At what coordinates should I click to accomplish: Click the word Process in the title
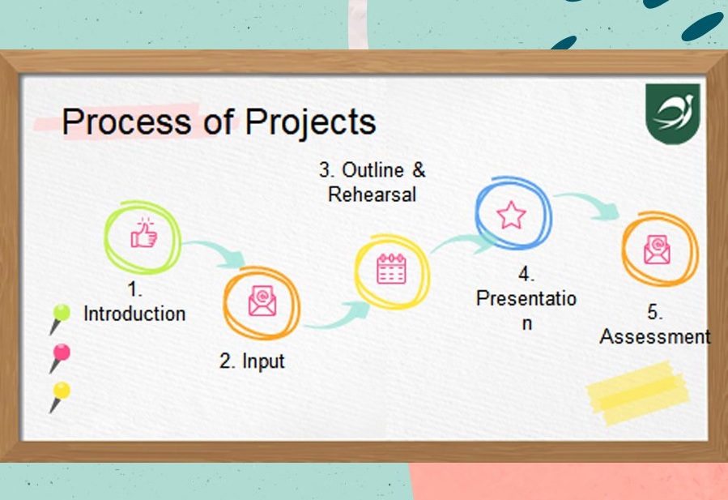(x=126, y=122)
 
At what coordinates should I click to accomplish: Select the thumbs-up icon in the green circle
(x=143, y=233)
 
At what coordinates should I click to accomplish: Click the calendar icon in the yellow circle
(x=391, y=268)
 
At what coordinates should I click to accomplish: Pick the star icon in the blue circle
(x=511, y=215)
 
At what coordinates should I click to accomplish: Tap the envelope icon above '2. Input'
(x=262, y=301)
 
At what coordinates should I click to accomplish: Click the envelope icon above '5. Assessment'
(x=657, y=249)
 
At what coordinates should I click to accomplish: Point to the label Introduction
(x=134, y=314)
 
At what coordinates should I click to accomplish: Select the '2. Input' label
(x=252, y=361)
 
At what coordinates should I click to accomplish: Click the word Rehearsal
(x=372, y=194)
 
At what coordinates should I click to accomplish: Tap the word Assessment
(x=655, y=336)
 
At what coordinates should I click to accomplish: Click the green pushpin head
(x=62, y=312)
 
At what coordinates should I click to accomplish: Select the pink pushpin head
(x=62, y=353)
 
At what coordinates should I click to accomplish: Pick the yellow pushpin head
(x=62, y=391)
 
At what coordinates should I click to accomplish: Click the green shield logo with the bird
(x=673, y=113)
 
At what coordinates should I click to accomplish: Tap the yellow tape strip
(x=637, y=393)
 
